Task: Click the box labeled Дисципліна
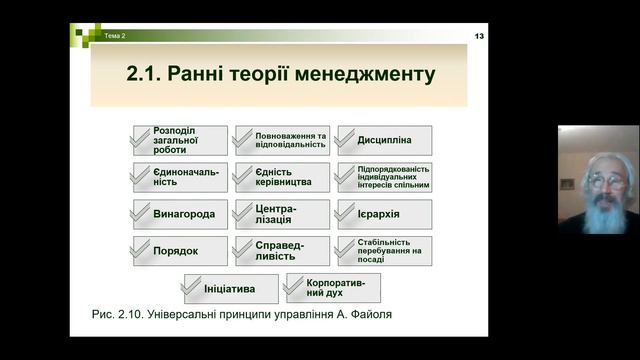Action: click(384, 140)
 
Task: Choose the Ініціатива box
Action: click(229, 289)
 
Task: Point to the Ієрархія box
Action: click(384, 214)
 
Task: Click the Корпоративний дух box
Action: click(332, 289)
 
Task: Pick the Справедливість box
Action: click(281, 251)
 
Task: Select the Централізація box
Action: click(281, 214)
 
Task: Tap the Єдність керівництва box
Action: click(281, 177)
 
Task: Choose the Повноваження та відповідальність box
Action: click(281, 140)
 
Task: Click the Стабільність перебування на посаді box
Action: click(384, 251)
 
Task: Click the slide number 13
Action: click(479, 36)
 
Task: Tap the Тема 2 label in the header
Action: click(115, 37)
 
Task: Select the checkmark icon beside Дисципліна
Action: click(348, 140)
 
